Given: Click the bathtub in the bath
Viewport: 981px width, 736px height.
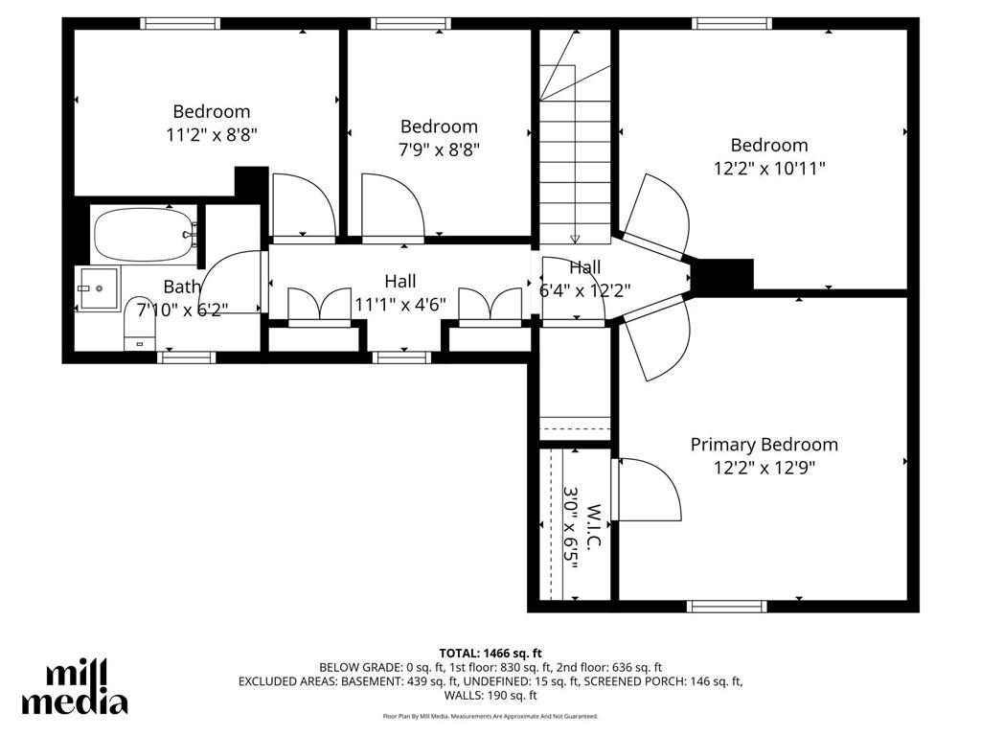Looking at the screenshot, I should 144,235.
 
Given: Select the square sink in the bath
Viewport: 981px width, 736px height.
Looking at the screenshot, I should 98,287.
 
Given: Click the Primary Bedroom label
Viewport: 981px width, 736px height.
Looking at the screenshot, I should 764,445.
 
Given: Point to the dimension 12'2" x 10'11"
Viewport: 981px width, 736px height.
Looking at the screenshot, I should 769,168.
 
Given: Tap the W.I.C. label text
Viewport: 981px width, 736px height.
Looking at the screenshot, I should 593,527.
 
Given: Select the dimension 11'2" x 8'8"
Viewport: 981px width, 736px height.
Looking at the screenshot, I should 211,134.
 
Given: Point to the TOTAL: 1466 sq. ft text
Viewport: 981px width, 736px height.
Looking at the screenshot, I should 490,653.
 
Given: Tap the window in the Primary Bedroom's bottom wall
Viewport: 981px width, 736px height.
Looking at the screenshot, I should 727,606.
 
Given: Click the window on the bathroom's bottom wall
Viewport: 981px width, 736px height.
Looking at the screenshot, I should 186,357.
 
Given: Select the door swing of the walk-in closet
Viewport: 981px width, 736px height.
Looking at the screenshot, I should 650,489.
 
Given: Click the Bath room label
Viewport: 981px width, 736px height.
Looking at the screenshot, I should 182,286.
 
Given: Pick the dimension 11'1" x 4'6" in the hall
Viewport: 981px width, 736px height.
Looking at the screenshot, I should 400,304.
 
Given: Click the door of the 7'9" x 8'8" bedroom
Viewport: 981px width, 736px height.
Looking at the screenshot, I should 393,206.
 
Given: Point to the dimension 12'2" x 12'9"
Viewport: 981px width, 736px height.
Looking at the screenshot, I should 764,468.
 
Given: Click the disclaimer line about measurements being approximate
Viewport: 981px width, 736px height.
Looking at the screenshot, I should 490,716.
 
